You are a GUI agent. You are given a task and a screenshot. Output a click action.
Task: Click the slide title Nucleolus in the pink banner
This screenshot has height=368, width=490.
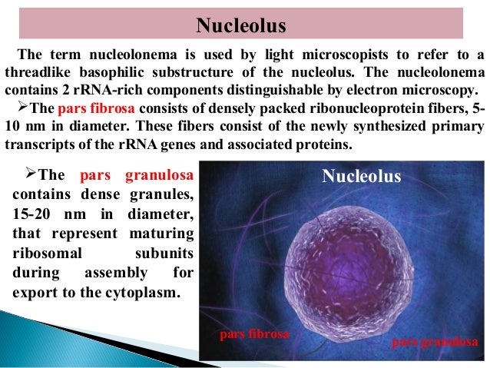click(240, 26)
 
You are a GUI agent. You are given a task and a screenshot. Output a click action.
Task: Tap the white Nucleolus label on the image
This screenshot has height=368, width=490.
click(361, 177)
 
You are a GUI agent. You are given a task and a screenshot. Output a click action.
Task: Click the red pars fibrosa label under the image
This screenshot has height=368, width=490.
click(254, 335)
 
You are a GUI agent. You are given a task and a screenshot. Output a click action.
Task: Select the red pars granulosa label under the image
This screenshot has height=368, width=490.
click(435, 340)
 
